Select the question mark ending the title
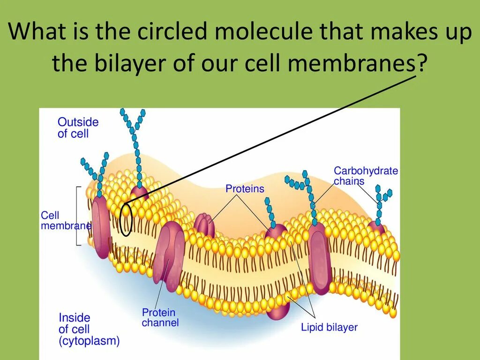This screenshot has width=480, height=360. click(422, 62)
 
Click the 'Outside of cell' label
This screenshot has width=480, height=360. click(78, 127)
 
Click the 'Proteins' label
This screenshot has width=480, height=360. click(245, 189)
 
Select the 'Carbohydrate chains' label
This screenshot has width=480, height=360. click(366, 176)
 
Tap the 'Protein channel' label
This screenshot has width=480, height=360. click(160, 317)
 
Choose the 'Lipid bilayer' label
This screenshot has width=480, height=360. click(329, 327)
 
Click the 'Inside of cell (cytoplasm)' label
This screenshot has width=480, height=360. click(89, 329)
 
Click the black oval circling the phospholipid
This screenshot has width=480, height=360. click(126, 219)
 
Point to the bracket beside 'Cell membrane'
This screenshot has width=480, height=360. click(78, 216)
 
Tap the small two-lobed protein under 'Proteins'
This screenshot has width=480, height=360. click(204, 225)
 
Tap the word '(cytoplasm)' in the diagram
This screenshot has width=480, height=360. click(89, 341)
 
